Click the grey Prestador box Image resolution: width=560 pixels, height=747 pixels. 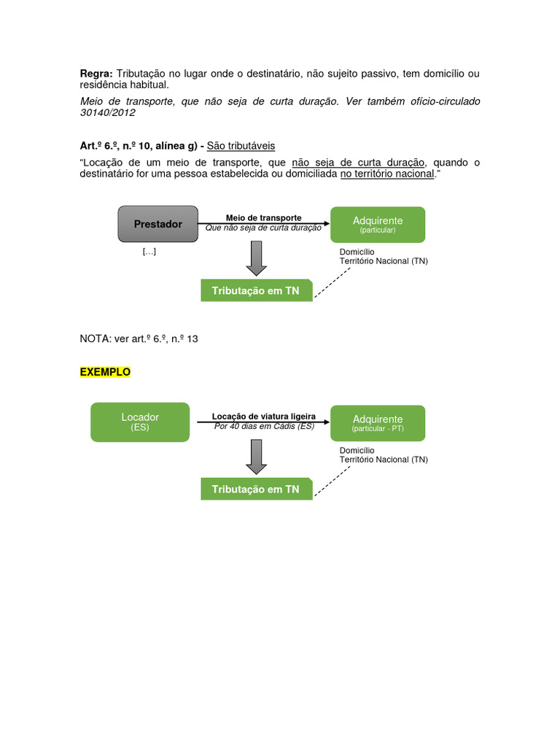pyautogui.click(x=157, y=224)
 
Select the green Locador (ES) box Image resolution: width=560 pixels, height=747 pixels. pyautogui.click(x=140, y=422)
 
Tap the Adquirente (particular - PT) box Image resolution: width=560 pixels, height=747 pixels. pyautogui.click(x=377, y=423)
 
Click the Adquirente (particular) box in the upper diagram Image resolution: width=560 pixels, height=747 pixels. pyautogui.click(x=377, y=224)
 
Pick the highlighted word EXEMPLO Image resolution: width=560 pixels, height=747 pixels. pyautogui.click(x=105, y=372)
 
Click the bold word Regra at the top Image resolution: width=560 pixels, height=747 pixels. pyautogui.click(x=96, y=74)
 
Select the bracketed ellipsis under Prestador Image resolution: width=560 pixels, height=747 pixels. pyautogui.click(x=149, y=252)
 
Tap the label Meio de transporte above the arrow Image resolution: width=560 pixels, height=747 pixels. pyautogui.click(x=263, y=218)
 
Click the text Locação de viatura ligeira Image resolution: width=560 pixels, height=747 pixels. pyautogui.click(x=263, y=417)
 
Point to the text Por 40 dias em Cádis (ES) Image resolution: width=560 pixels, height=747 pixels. pyautogui.click(x=264, y=426)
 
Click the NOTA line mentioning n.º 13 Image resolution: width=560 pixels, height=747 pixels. pyautogui.click(x=139, y=339)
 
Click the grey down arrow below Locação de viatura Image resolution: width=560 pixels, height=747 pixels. pyautogui.click(x=257, y=457)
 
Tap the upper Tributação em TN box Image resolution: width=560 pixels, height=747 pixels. pyautogui.click(x=256, y=290)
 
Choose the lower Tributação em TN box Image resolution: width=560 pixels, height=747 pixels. pyautogui.click(x=256, y=489)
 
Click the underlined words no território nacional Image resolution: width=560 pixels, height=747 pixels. pyautogui.click(x=386, y=174)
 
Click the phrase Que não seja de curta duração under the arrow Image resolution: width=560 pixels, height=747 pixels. pyautogui.click(x=263, y=228)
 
